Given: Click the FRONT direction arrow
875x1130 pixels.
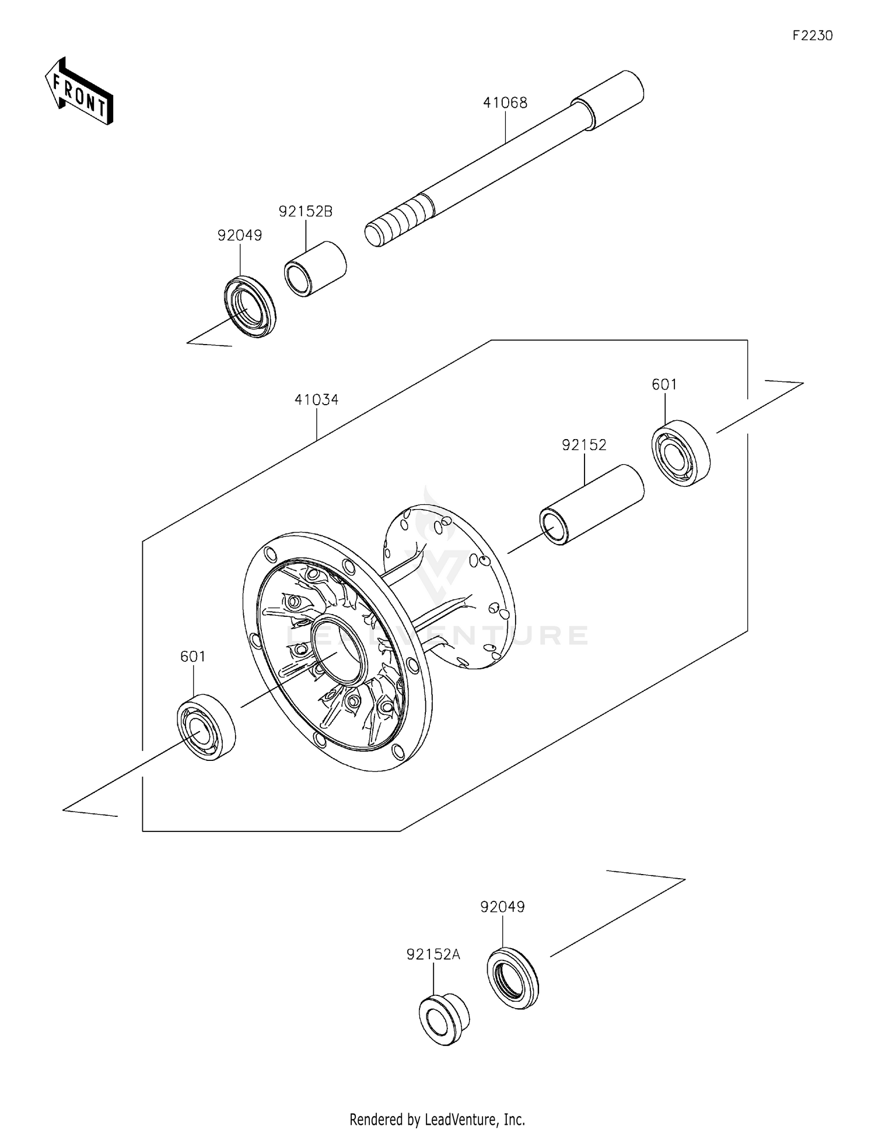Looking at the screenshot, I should [x=79, y=92].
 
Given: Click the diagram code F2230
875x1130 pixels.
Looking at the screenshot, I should [x=812, y=36].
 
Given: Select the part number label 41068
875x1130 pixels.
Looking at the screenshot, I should [x=505, y=103].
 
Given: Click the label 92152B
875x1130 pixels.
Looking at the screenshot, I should [x=305, y=212].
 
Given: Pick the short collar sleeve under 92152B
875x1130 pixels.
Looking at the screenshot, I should [x=315, y=269].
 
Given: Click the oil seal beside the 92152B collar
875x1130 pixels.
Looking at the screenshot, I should [x=250, y=306].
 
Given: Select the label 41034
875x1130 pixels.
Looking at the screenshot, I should [x=316, y=400].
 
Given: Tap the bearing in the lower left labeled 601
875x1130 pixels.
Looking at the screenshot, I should [x=206, y=726].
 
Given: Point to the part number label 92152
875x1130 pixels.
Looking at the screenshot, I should [x=584, y=445].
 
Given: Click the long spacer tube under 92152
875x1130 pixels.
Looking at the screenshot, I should [x=591, y=505].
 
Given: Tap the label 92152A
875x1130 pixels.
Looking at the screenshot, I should [x=433, y=954].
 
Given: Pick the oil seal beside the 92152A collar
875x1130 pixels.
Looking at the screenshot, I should [x=513, y=978].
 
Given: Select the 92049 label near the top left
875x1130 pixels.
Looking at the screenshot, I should [x=240, y=236].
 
